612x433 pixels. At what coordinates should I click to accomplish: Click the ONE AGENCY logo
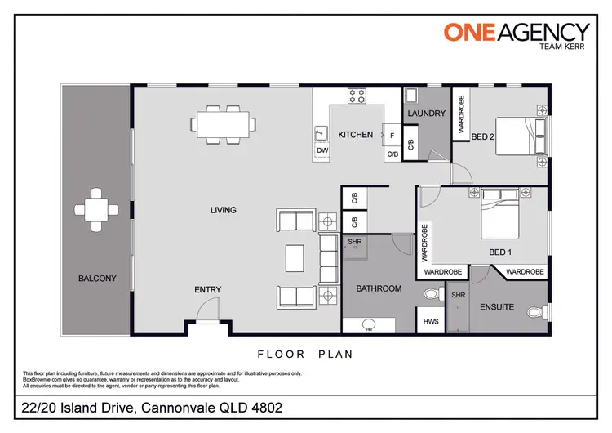pos(516,33)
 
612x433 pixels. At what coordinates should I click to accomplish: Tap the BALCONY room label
pos(97,279)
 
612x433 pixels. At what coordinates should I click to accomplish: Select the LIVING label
pos(223,210)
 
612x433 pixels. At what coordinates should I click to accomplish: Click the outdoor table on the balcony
pos(96,210)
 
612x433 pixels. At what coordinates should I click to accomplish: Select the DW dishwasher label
pos(322,150)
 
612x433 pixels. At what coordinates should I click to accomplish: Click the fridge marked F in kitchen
pos(392,135)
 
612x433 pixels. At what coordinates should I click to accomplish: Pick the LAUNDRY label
pos(426,114)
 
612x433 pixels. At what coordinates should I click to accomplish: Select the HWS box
pos(431,321)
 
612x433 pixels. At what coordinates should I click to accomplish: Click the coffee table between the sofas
pos(295,258)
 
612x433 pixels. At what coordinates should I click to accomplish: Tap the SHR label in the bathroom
pos(355,243)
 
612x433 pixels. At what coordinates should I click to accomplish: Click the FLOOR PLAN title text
pos(305,355)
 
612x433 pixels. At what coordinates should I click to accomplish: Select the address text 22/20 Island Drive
pos(152,407)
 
